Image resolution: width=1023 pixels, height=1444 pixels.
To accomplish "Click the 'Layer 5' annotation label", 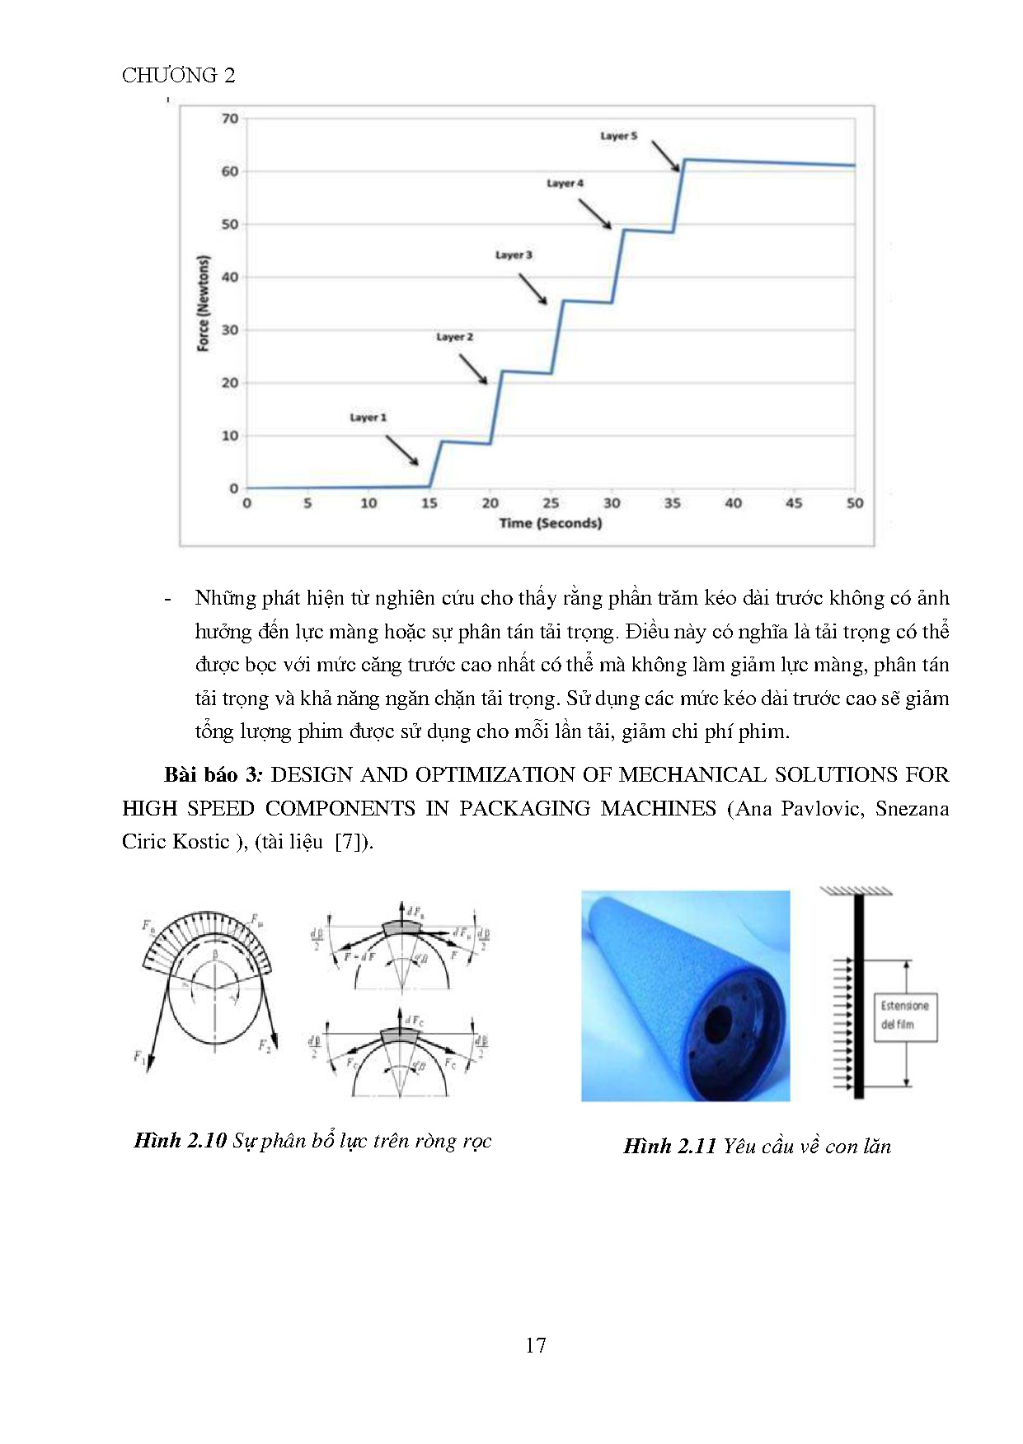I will click(x=618, y=136).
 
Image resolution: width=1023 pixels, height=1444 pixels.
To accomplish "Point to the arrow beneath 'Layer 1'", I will click(x=401, y=450).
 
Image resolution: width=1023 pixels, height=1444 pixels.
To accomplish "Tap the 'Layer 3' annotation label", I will click(x=514, y=255).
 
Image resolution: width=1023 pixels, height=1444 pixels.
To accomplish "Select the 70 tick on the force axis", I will click(x=230, y=119).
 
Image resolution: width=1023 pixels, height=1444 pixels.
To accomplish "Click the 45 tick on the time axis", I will click(x=794, y=503).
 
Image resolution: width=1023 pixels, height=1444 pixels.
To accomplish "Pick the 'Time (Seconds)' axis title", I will click(x=550, y=523).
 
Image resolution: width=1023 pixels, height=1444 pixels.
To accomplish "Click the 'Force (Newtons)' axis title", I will click(x=203, y=303).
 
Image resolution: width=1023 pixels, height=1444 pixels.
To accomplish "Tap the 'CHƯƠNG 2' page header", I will click(x=178, y=76).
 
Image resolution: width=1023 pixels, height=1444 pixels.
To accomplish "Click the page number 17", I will click(x=535, y=1345).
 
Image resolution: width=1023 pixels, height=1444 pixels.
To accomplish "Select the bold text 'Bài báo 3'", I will click(x=212, y=775).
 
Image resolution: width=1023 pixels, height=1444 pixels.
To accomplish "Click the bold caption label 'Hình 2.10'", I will click(x=180, y=1141).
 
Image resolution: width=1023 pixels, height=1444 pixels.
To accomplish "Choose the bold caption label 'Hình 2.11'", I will click(x=669, y=1147).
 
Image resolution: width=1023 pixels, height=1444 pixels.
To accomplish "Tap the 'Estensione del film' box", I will click(x=904, y=1016).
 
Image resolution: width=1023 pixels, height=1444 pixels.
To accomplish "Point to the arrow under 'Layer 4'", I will click(x=594, y=213).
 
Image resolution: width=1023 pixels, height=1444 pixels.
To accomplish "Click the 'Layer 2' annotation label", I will click(x=454, y=337).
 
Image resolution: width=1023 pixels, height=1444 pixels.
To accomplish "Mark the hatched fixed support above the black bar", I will click(x=856, y=891).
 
